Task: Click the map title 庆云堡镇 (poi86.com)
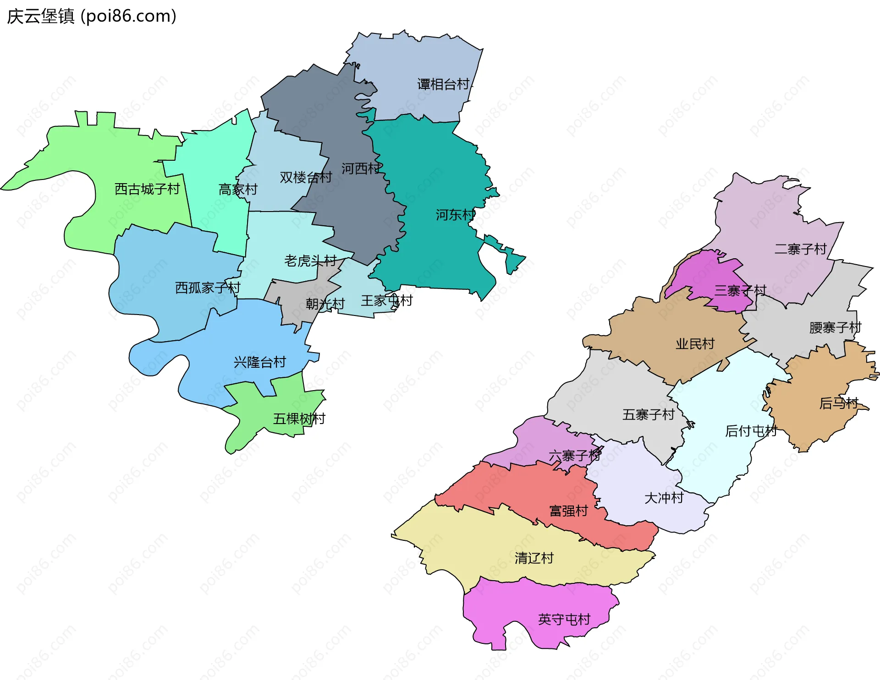[x=92, y=16]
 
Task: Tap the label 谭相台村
[x=444, y=84]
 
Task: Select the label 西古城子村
[x=147, y=189]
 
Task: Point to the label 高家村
[x=238, y=189]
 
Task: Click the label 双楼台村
[x=306, y=177]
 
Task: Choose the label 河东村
[x=455, y=214]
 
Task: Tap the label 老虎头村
[x=310, y=261]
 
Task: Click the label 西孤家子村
[x=208, y=288]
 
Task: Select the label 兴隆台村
[x=260, y=362]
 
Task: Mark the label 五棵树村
[x=299, y=419]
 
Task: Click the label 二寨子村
[x=800, y=249]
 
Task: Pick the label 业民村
[x=695, y=344]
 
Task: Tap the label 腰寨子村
[x=835, y=328]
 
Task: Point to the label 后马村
[x=838, y=403]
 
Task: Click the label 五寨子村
[x=648, y=415]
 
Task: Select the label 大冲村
[x=664, y=498]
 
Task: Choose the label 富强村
[x=568, y=511]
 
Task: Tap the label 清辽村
[x=534, y=558]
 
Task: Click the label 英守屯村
[x=564, y=620]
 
